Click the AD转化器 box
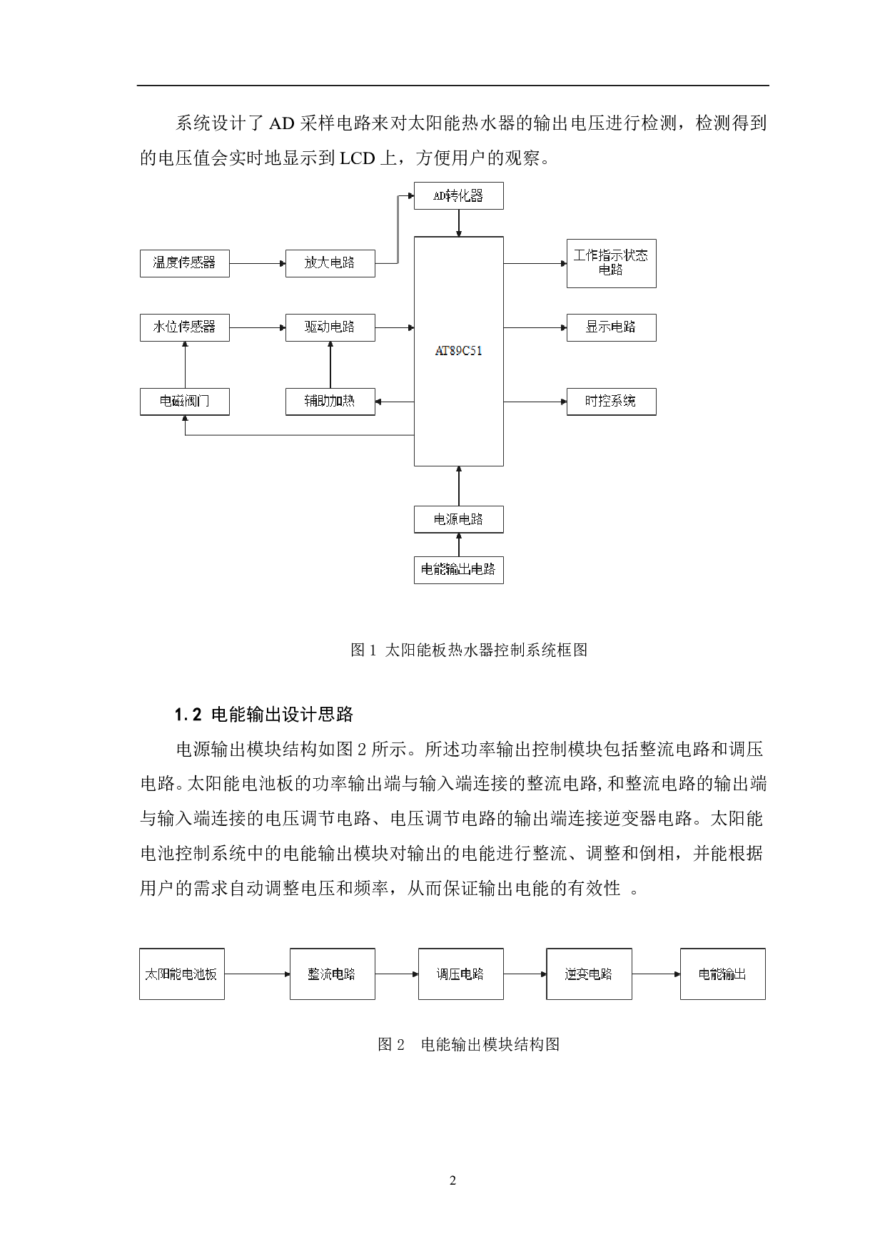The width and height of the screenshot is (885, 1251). [x=458, y=195]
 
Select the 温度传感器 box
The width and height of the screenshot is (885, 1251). [x=184, y=263]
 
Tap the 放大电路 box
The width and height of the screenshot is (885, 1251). [x=330, y=263]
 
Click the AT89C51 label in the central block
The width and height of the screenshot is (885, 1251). [x=458, y=351]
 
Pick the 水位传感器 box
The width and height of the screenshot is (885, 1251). [x=184, y=327]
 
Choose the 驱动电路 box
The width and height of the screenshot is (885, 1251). [x=330, y=327]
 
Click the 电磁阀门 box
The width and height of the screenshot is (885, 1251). [x=184, y=402]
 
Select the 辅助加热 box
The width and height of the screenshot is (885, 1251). [x=330, y=402]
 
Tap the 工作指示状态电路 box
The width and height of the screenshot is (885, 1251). [x=611, y=263]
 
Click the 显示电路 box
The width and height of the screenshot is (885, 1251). [x=611, y=327]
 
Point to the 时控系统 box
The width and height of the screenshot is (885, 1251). [x=611, y=402]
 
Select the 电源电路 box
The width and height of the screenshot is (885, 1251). [x=458, y=519]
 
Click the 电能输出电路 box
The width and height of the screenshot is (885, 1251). [x=458, y=570]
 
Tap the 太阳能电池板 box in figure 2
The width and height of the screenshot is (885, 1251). [x=181, y=974]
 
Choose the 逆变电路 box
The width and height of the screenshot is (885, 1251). [x=589, y=974]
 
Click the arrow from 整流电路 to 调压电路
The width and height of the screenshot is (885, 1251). [x=396, y=974]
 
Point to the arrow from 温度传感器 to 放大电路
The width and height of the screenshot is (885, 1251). [x=257, y=263]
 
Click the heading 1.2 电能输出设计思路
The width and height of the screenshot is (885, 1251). [x=264, y=715]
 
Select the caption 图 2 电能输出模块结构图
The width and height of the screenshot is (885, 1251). [x=468, y=1045]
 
